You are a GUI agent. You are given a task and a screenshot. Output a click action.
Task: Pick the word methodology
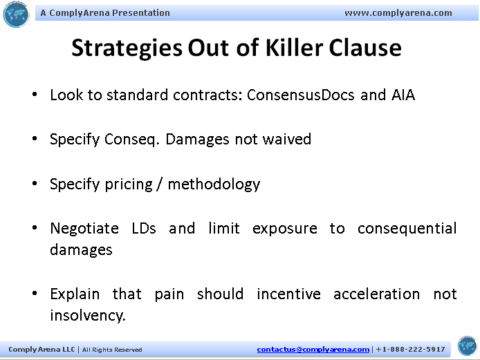pos(214,184)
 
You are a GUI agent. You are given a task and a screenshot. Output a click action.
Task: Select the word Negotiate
pos(83,229)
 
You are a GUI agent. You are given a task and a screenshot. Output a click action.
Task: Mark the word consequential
pos(407,229)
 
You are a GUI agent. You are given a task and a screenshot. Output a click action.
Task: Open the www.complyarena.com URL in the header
pos(398,12)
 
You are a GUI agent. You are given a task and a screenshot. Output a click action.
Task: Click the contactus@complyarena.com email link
pos(313,350)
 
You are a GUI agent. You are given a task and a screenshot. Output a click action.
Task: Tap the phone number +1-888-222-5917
pos(411,350)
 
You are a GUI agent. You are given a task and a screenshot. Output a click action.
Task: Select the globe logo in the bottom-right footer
pos(467,345)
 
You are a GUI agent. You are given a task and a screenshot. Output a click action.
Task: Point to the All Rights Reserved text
pos(112,350)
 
